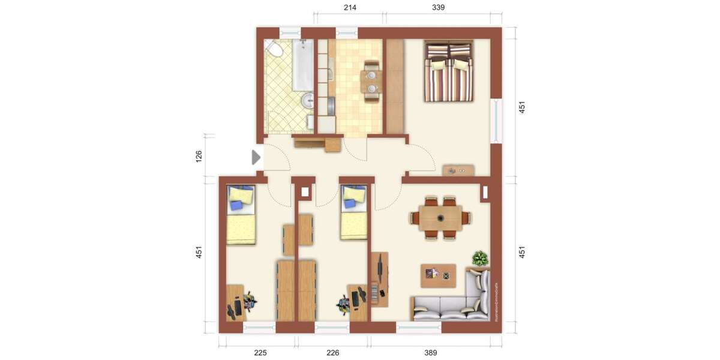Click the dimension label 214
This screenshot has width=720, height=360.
[x=350, y=8]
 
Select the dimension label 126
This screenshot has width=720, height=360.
[x=199, y=156]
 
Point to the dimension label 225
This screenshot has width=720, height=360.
[x=260, y=353]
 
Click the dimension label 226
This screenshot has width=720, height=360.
[x=333, y=353]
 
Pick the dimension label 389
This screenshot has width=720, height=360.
[x=430, y=353]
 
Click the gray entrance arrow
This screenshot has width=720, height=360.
[x=256, y=157]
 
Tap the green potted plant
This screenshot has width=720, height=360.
[x=480, y=259]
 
